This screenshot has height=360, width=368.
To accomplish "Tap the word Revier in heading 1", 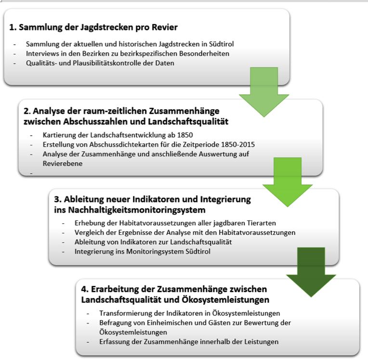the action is click(165, 27).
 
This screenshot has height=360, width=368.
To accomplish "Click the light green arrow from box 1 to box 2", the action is click(264, 92).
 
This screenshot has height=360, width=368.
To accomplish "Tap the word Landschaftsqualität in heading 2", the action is click(188, 121).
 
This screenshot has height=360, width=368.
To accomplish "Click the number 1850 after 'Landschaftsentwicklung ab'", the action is click(185, 135).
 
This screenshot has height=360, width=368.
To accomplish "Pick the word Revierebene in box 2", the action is click(63, 164).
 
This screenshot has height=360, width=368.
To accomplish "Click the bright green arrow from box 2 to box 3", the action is click(288, 182).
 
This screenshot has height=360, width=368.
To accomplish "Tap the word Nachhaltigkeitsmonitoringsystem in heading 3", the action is click(137, 210).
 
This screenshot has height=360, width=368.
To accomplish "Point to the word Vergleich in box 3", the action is click(89, 232).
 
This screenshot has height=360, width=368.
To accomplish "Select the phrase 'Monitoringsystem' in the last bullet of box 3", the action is click(155, 251).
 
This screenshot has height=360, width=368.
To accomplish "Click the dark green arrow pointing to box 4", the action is click(311, 272).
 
